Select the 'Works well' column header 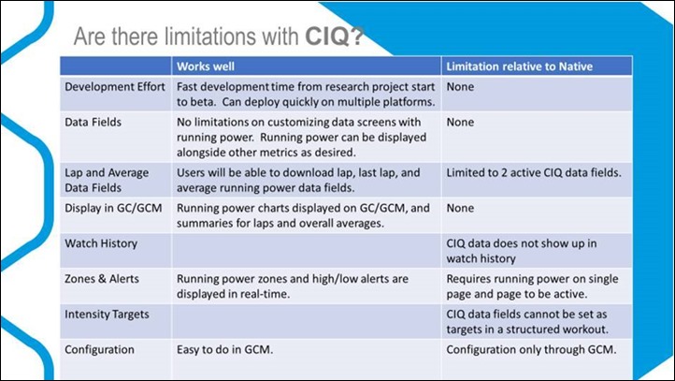click(206, 66)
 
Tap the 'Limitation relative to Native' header click(519, 66)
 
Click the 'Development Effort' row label click(115, 87)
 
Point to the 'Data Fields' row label click(93, 122)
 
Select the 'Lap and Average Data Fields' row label click(107, 180)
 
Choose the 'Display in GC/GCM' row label click(114, 208)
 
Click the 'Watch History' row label click(101, 243)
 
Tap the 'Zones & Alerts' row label click(102, 279)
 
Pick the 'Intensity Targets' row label click(107, 315)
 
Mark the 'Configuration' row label click(99, 349)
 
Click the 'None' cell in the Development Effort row click(460, 87)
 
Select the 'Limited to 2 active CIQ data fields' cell click(534, 173)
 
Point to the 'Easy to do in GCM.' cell click(224, 349)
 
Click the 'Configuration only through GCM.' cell click(531, 349)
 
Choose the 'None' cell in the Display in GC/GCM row click(460, 208)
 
